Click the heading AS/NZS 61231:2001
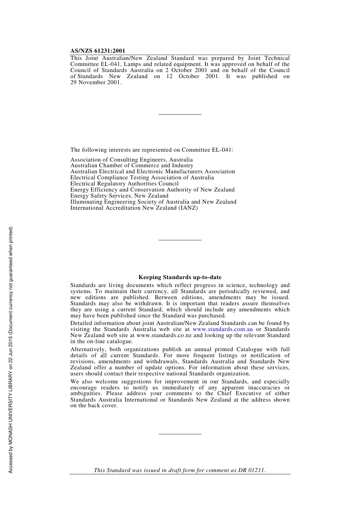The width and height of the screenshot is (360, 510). [98, 51]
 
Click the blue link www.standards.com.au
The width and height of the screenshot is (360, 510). [222, 329]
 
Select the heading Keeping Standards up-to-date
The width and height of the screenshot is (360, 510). [180, 277]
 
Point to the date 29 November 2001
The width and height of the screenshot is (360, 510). [95, 82]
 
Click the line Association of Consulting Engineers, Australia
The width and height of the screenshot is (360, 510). [131, 160]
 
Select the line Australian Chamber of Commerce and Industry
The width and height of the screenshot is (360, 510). [132, 165]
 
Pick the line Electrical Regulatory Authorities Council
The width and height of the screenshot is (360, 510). [124, 184]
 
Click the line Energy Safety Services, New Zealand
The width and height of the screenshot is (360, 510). [119, 196]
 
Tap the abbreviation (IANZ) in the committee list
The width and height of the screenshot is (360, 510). [188, 208]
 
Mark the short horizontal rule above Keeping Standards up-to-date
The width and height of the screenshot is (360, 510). [180, 240]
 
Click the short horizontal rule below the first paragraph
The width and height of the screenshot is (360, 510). [180, 114]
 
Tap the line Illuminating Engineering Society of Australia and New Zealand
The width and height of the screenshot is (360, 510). [153, 202]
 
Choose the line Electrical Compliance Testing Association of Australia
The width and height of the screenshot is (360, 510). [142, 177]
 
